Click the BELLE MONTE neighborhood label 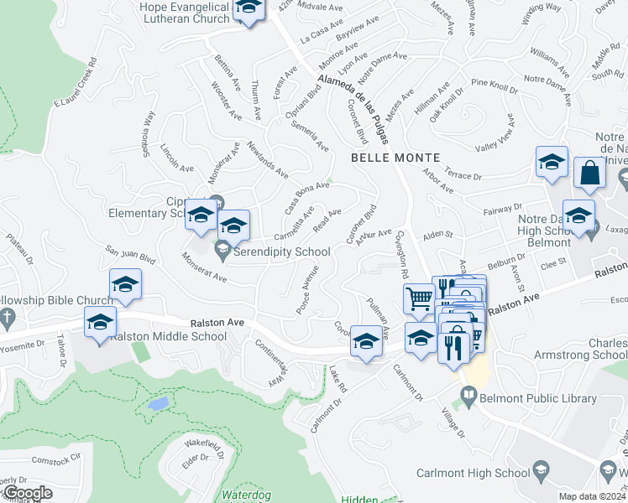[x=384, y=158]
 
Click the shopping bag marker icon [x=590, y=173]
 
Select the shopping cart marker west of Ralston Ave [x=418, y=298]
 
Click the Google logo [x=27, y=493]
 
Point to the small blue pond [x=157, y=404]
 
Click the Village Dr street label [x=453, y=422]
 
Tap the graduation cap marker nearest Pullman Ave [x=366, y=340]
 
